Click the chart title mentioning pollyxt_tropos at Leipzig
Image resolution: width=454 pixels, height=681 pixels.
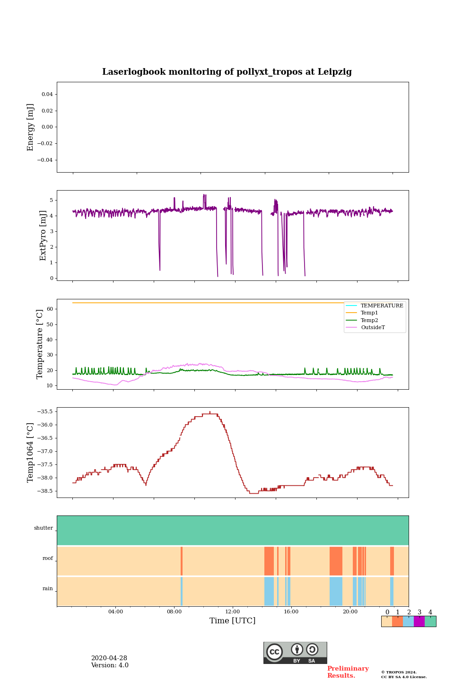[x=227, y=72]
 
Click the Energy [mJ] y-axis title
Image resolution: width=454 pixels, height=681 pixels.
[x=31, y=127]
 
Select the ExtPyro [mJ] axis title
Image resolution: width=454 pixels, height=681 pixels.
[x=43, y=236]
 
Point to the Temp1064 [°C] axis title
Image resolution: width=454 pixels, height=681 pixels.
[x=31, y=453]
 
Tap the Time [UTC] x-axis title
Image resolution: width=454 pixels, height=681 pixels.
[x=232, y=620]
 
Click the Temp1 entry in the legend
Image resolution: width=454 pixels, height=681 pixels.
[x=369, y=313]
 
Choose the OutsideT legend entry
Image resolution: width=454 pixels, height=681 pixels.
[x=373, y=327]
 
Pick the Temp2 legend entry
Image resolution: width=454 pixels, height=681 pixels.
[x=369, y=320]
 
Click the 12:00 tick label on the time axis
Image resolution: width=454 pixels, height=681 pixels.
[x=232, y=611]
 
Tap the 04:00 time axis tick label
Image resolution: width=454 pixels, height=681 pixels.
[x=115, y=611]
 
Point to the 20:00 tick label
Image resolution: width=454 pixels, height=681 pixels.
[x=350, y=611]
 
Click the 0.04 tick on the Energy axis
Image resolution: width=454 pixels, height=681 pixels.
[x=47, y=95]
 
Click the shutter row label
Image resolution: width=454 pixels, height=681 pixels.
[x=44, y=528]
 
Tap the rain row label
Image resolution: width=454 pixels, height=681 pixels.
[x=48, y=589]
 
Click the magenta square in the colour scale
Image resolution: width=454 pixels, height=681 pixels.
[x=419, y=621]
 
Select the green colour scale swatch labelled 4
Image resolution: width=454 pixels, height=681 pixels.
[x=430, y=621]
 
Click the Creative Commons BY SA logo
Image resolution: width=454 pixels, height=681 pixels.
[x=295, y=653]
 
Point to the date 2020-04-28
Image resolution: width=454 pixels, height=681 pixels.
[x=109, y=658]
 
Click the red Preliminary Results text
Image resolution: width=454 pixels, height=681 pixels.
[x=348, y=672]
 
